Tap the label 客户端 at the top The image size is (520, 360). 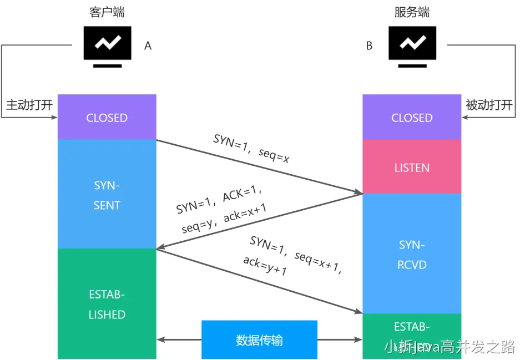click(x=107, y=12)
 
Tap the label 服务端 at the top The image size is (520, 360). click(x=412, y=12)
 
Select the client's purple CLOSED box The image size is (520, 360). click(x=107, y=118)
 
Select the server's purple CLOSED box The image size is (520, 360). click(x=412, y=118)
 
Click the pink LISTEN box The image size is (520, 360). click(x=412, y=168)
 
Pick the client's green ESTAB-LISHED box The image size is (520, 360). click(x=107, y=304)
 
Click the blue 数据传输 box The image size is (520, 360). click(x=259, y=339)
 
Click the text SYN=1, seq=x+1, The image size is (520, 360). click(x=295, y=255)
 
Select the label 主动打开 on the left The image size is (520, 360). click(x=29, y=105)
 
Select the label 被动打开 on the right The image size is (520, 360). click(x=489, y=105)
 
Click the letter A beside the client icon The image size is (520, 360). click(x=148, y=46)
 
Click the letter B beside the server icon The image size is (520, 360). click(x=369, y=46)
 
